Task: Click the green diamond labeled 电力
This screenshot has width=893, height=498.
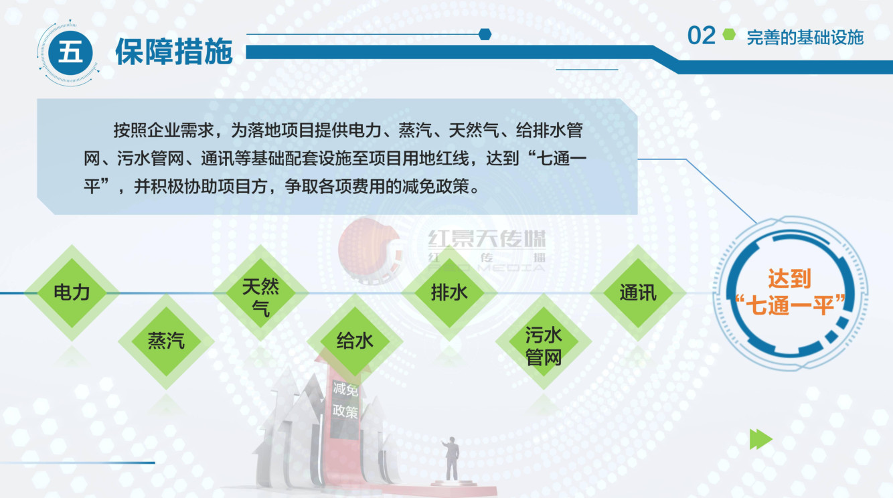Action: click(x=72, y=293)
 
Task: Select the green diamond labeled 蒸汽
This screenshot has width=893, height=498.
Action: click(x=166, y=341)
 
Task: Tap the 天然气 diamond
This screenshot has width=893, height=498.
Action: click(x=260, y=293)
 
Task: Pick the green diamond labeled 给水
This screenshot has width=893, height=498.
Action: click(x=355, y=341)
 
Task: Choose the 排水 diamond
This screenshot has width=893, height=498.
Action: click(x=449, y=293)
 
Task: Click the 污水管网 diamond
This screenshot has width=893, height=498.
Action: click(x=544, y=341)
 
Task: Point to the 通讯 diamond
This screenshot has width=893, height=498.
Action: click(x=638, y=293)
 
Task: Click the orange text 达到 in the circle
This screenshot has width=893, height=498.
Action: click(x=789, y=278)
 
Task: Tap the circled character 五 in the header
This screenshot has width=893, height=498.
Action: click(x=70, y=53)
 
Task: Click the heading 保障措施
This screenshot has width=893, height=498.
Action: click(x=174, y=52)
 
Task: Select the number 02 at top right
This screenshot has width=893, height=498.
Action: click(x=702, y=36)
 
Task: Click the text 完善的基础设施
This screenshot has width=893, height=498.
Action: click(x=805, y=37)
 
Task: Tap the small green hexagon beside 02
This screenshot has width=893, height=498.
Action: click(x=729, y=35)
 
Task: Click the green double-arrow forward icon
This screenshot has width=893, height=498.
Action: click(x=761, y=439)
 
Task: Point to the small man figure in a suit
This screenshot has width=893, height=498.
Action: click(x=451, y=459)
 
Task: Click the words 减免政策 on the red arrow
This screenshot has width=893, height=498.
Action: click(x=345, y=400)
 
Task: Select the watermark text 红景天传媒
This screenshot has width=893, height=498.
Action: click(x=487, y=239)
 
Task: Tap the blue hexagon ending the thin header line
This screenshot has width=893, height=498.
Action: click(x=485, y=34)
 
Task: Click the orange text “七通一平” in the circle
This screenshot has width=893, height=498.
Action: click(x=790, y=305)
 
